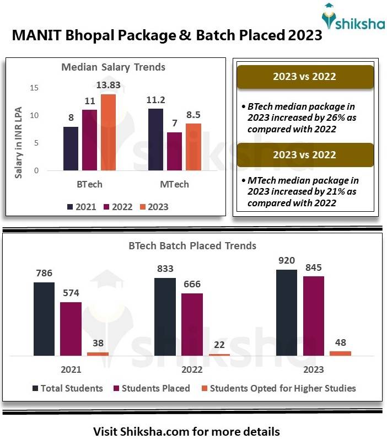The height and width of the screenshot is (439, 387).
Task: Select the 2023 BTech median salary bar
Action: pyautogui.click(x=108, y=132)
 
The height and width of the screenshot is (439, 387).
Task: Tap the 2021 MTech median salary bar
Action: pyautogui.click(x=155, y=140)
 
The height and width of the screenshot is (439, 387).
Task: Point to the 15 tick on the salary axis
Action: pyautogui.click(x=34, y=88)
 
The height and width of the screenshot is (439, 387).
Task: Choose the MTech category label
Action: pyautogui.click(x=174, y=184)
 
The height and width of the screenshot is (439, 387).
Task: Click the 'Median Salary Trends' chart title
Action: pyautogui.click(x=113, y=67)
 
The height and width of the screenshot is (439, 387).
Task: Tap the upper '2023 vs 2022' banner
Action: pyautogui.click(x=304, y=77)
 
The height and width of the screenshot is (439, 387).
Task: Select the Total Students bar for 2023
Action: pyautogui.click(x=287, y=313)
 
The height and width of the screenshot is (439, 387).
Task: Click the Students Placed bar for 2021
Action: pyautogui.click(x=71, y=329)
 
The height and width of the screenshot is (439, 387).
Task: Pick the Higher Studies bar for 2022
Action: pyautogui.click(x=219, y=354)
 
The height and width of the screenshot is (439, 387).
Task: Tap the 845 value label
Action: pyautogui.click(x=313, y=268)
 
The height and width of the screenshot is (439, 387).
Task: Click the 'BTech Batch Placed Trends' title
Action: pyautogui.click(x=192, y=245)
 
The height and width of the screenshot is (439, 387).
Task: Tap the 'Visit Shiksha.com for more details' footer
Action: pyautogui.click(x=186, y=431)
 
